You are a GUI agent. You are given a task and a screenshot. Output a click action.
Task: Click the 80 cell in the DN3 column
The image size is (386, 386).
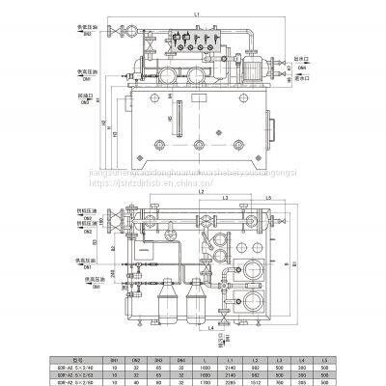tap(154, 378)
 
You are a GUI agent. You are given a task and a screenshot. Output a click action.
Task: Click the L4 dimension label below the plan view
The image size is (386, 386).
tap(211, 332)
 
